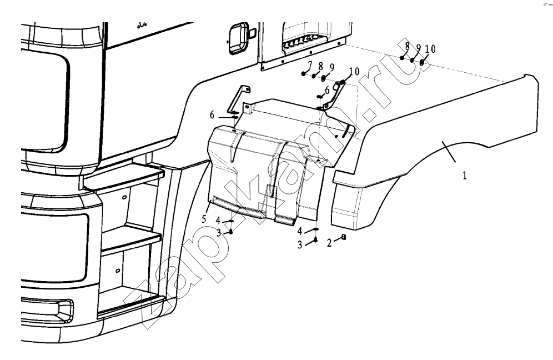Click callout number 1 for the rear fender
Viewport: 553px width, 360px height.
(465, 176)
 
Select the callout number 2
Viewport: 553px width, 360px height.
(329, 243)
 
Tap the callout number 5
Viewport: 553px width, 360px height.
(204, 219)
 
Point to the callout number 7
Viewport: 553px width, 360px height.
(310, 65)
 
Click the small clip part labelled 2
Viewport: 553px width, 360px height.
(344, 237)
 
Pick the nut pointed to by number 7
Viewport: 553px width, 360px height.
(303, 73)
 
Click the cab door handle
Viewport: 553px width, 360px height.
(238, 38)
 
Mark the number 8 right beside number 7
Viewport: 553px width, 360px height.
(320, 66)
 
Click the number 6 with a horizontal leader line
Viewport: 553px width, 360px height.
(212, 114)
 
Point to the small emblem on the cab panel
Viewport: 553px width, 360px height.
(142, 24)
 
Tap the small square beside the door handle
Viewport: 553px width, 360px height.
(253, 33)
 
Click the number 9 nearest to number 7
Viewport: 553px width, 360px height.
(332, 67)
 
